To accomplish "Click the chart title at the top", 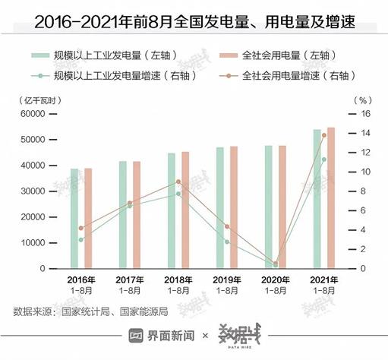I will (x=194, y=17).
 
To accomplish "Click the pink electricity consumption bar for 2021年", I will (x=330, y=197).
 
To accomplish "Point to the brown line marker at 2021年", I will (x=324, y=135).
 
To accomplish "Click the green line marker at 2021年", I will (x=324, y=159).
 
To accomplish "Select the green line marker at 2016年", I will (x=81, y=240).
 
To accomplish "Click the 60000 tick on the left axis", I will (x=33, y=114).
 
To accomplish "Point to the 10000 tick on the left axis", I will (x=33, y=243).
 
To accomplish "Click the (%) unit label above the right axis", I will (x=362, y=99).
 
